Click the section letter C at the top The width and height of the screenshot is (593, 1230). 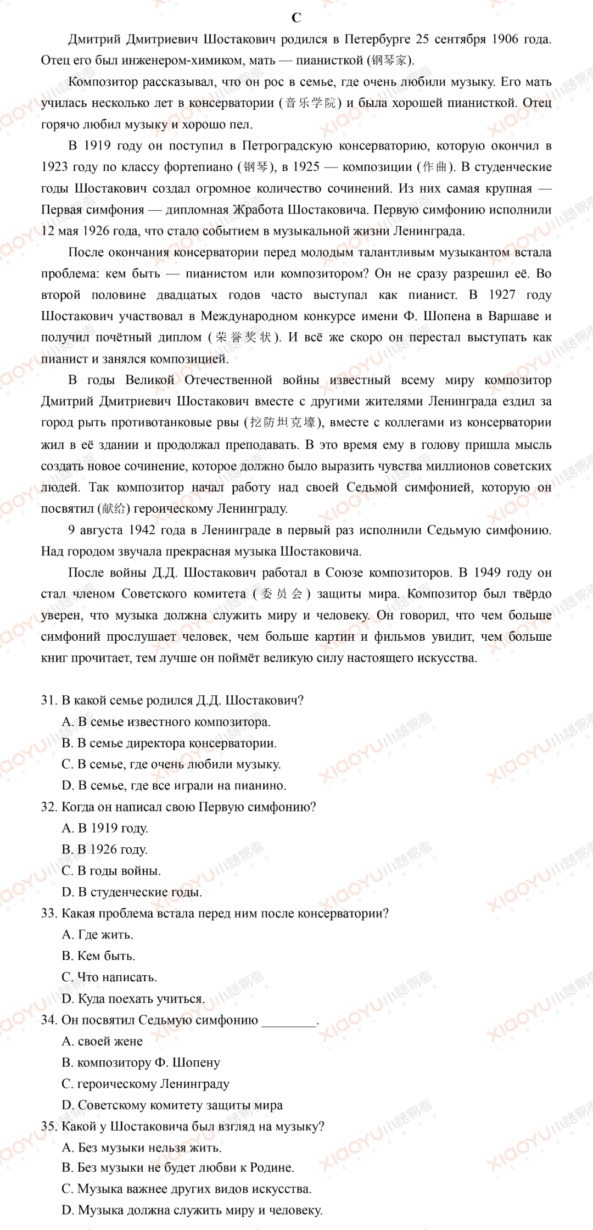(296, 18)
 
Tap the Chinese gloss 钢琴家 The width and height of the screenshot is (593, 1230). (389, 60)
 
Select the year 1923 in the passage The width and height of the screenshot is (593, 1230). (54, 167)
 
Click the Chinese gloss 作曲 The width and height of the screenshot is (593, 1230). (435, 167)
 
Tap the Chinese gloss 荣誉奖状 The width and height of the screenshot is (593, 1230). (244, 338)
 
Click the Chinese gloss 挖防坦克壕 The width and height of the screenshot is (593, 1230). (283, 423)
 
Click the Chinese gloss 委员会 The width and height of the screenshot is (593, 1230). (282, 594)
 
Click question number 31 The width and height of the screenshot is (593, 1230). (49, 701)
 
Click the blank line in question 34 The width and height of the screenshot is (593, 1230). (289, 1020)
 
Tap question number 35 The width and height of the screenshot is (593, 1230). (49, 1127)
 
